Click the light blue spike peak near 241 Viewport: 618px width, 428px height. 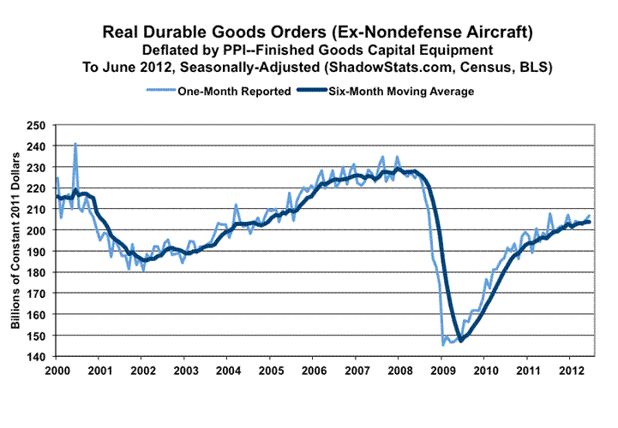(75, 144)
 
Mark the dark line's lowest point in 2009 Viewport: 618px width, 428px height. (460, 341)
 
